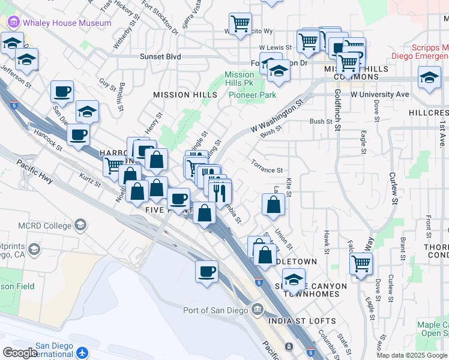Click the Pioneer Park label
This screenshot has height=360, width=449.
coord(252,95)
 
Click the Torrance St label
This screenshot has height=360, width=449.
coord(267,170)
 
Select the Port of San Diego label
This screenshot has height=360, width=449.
coord(216,310)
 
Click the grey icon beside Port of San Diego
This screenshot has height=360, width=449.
coord(258,310)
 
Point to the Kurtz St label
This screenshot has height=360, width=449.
coord(91,179)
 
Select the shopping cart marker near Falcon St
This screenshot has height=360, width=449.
coord(361,263)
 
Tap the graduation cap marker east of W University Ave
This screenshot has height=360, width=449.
coord(429,78)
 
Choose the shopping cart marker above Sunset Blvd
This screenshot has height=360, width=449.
coord(240,23)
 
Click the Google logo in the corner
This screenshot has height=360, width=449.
coord(19,353)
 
